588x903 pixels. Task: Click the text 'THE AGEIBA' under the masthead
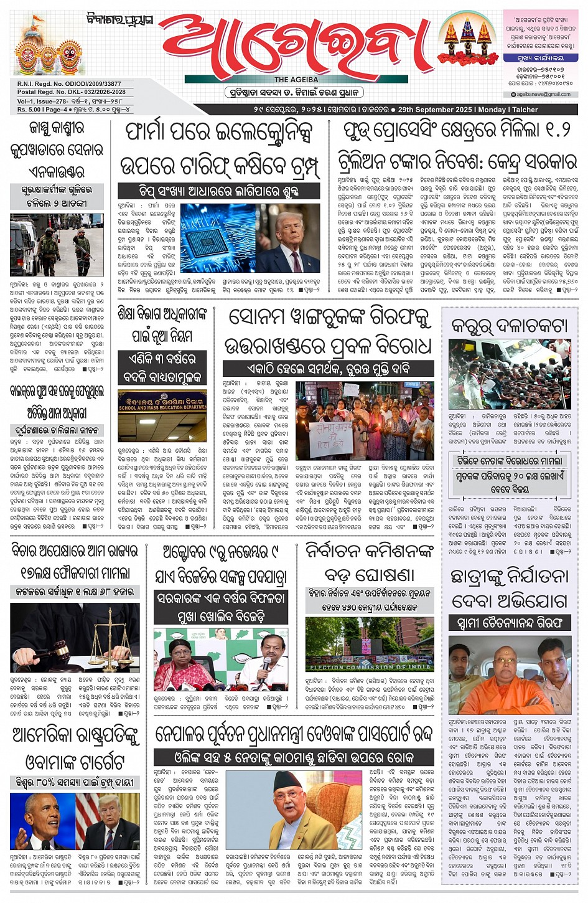[x=296, y=80]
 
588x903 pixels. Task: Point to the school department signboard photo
[x=162, y=416]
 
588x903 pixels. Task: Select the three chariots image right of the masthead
[x=467, y=40]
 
